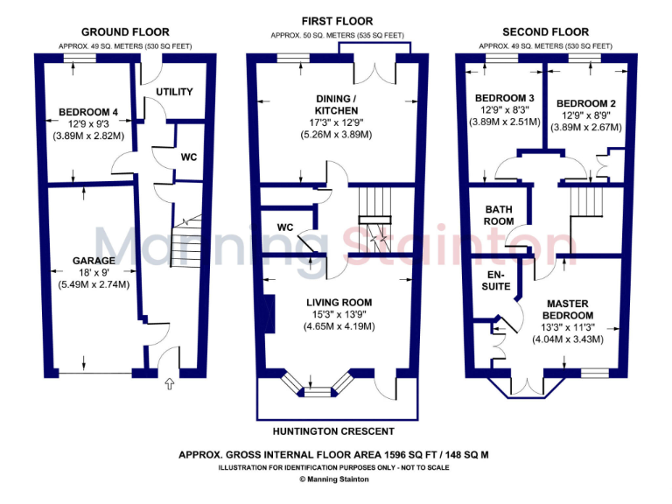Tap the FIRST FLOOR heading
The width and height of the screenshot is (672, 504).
pyautogui.click(x=337, y=21)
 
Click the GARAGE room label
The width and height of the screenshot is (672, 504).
pyautogui.click(x=94, y=261)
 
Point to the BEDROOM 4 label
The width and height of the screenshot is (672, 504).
pyautogui.click(x=88, y=111)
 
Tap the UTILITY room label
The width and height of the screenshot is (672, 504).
pyautogui.click(x=174, y=92)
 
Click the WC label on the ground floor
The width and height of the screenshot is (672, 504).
pyautogui.click(x=188, y=157)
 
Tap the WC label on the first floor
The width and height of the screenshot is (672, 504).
pyautogui.click(x=284, y=227)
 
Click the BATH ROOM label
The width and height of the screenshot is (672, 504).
pyautogui.click(x=499, y=216)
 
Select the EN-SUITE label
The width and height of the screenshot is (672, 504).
pyautogui.click(x=496, y=280)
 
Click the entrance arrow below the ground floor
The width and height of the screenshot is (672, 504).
pyautogui.click(x=170, y=383)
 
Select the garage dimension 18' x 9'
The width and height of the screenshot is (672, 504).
pyautogui.click(x=94, y=273)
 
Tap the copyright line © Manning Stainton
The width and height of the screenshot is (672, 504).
pyautogui.click(x=337, y=479)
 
